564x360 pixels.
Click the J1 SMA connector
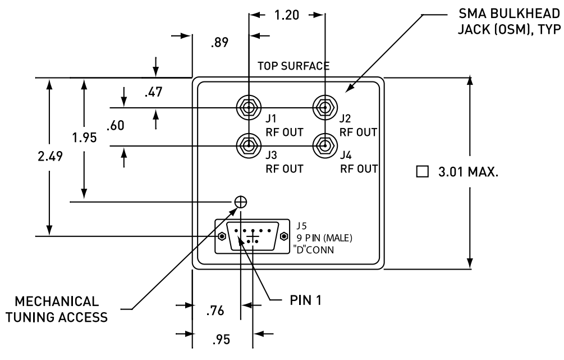pos(247,107)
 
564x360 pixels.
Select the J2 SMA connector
pos(324,107)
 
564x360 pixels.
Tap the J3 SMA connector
pos(247,146)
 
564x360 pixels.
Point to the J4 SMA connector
pos(324,146)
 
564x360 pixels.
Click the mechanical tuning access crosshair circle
pos(240,202)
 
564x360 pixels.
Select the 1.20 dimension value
pos(287,15)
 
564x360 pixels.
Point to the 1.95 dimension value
pos(85,138)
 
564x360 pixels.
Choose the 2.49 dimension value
pos(50,156)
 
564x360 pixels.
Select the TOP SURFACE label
pos(293,66)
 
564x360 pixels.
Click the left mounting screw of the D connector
pos(222,236)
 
